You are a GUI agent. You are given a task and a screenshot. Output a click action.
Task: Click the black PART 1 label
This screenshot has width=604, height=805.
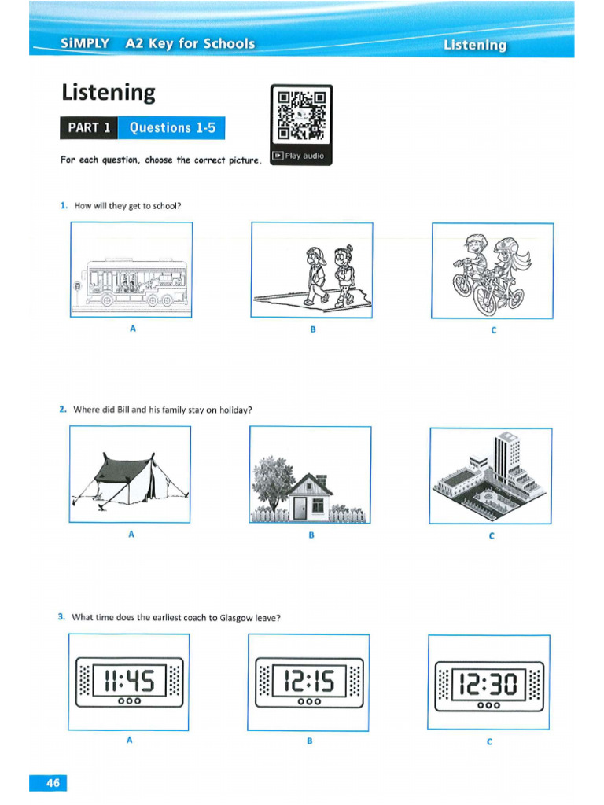pyautogui.click(x=89, y=127)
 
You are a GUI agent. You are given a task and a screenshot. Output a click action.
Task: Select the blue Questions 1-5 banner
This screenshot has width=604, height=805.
pyautogui.click(x=171, y=127)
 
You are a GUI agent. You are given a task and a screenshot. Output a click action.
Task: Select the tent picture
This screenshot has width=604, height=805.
pyautogui.click(x=130, y=477)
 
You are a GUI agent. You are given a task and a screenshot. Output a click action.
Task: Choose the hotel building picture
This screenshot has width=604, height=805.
pyautogui.click(x=491, y=476)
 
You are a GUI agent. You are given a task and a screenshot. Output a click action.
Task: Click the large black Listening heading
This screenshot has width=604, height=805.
pyautogui.click(x=109, y=94)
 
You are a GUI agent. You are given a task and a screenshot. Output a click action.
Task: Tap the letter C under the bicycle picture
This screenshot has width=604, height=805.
pyautogui.click(x=493, y=330)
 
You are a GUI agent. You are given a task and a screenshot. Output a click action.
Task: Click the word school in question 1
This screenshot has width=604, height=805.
pyautogui.click(x=165, y=206)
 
